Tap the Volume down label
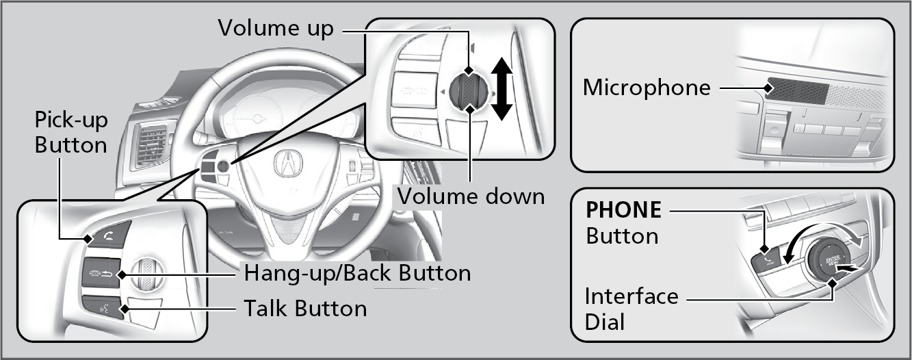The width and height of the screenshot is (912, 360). (x=471, y=196)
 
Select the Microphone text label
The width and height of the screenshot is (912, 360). (x=646, y=88)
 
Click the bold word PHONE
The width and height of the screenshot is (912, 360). (x=623, y=210)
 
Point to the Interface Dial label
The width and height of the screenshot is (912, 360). (x=631, y=309)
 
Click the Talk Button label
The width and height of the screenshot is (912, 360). (x=305, y=308)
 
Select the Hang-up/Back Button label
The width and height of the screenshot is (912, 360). (x=357, y=273)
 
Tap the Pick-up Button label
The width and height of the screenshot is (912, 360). (x=71, y=133)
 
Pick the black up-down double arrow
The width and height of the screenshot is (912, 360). (x=503, y=89)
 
